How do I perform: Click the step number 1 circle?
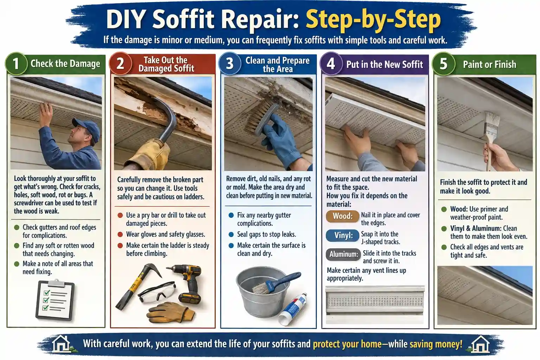tap(16, 64)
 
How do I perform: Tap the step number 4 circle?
tap(330, 64)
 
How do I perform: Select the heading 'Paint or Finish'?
tap(489, 64)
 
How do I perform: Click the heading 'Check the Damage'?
tap(65, 64)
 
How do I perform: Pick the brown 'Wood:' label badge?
tap(342, 216)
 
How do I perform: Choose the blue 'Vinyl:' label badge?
tap(343, 235)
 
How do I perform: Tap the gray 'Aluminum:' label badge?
tap(343, 254)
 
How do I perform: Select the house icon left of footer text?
tap(61, 343)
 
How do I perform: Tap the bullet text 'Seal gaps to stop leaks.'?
tap(266, 234)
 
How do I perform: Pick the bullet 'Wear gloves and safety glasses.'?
tap(165, 234)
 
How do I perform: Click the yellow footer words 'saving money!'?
tap(436, 344)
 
